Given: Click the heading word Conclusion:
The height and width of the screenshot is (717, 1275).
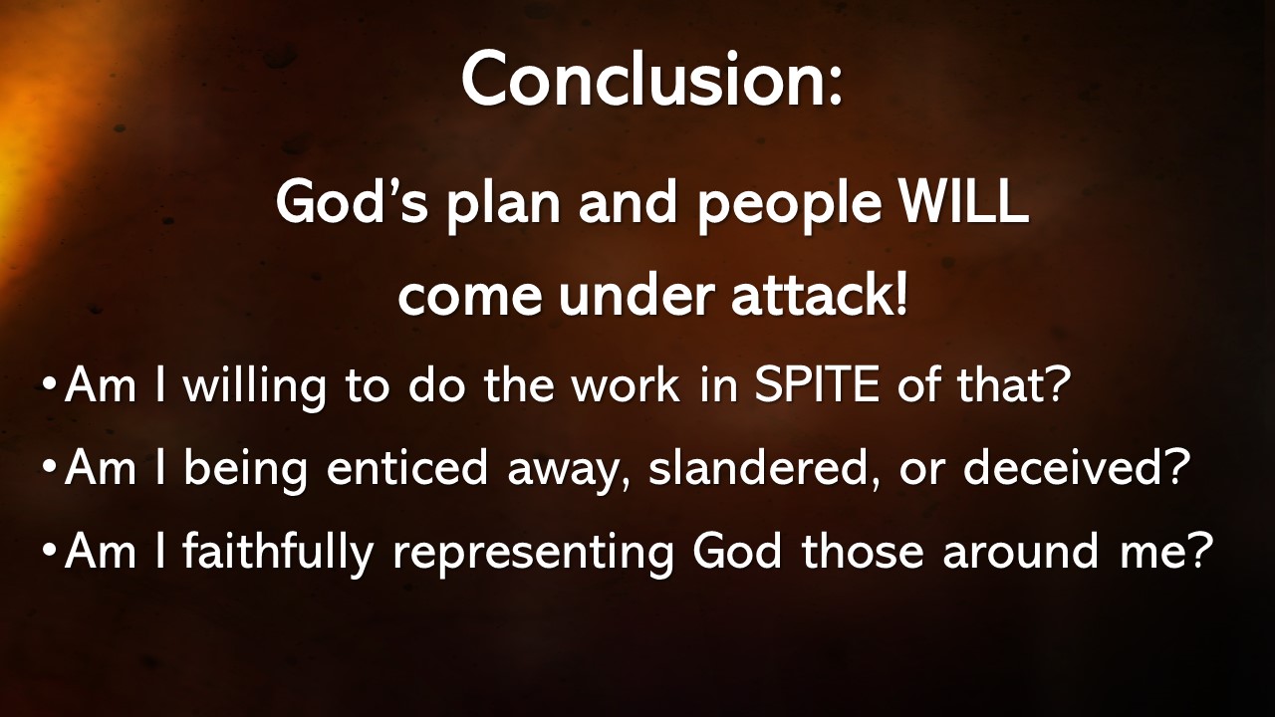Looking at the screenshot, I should [651, 80].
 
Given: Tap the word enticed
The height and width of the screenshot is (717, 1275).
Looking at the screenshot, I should [408, 468].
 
